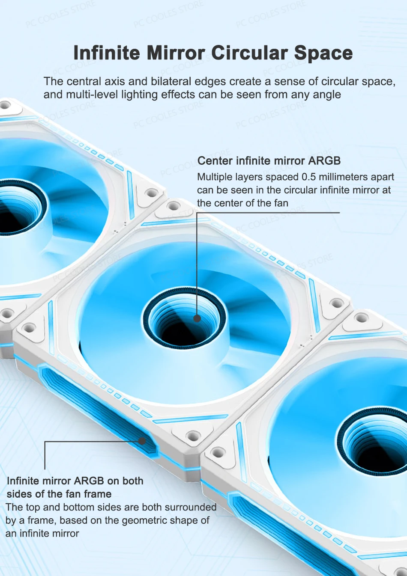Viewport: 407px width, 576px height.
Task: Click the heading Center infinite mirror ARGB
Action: point(269,161)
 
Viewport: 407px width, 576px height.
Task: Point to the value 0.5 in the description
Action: point(308,177)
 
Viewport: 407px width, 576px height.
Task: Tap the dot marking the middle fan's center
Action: point(197,318)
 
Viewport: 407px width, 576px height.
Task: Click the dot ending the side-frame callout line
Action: point(142,441)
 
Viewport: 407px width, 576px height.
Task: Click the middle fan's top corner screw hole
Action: point(174,206)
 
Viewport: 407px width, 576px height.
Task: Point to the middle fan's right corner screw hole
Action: point(336,303)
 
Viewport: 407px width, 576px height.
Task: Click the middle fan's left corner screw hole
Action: point(29,328)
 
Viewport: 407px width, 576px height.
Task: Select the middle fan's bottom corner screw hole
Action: point(193,436)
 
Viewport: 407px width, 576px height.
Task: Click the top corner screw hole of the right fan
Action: point(362,318)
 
